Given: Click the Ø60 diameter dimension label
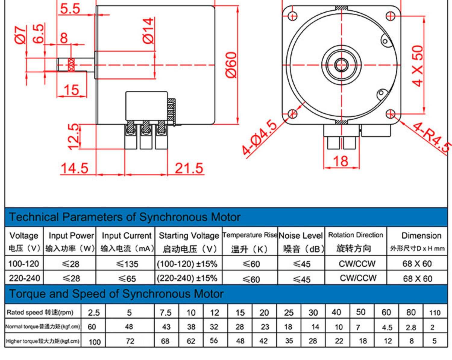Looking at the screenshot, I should pos(232,65).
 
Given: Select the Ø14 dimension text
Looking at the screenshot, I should pos(148,31).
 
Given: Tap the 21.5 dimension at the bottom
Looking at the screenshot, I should pos(189,168).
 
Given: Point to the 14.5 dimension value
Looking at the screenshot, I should pos(74,168).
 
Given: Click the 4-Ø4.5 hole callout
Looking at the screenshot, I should pos(259,137).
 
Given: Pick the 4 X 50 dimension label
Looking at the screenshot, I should pos(418,66).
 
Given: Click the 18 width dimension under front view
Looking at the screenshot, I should pos(341,161).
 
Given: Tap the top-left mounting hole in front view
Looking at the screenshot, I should pos(293,16).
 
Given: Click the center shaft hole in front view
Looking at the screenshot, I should pos(341,65).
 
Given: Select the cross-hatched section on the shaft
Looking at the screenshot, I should pos(71,64).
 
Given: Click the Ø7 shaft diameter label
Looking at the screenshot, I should pos(21,35).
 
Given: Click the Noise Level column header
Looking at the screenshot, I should pos(301,236).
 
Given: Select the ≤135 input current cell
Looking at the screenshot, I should pos(127,264).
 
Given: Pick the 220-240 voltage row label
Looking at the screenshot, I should pos(24,278).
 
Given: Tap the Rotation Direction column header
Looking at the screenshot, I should pos(356,235).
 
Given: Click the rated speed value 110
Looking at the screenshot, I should pos(435,313).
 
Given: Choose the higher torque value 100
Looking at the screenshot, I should pos(95,342).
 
